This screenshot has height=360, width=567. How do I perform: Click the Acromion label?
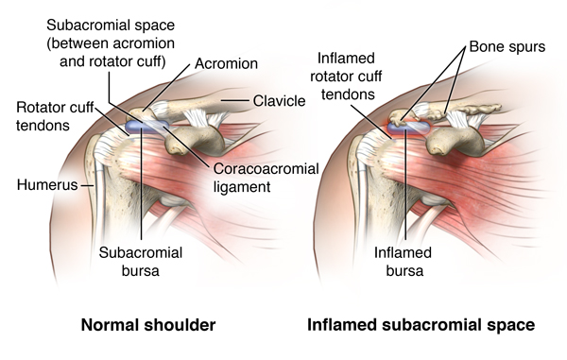click(226, 63)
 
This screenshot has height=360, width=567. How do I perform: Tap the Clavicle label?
click(279, 101)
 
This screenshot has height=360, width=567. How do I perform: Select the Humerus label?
click(47, 185)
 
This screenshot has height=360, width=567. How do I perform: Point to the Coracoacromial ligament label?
click(266, 178)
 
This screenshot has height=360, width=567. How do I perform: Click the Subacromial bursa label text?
click(141, 262)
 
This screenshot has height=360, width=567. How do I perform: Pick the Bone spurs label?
click(507, 47)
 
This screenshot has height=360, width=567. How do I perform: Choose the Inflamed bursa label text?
click(404, 262)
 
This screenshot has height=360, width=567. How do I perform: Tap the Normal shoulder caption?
click(148, 325)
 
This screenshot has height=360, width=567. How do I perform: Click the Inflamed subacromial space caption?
click(421, 325)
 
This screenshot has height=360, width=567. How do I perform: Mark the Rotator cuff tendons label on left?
click(55, 116)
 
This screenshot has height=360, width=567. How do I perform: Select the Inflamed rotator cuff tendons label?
click(346, 77)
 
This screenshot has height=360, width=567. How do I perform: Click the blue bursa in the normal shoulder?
click(146, 127)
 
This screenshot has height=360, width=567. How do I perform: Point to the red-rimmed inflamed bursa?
click(409, 128)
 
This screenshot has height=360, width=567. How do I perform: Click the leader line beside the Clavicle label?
click(235, 100)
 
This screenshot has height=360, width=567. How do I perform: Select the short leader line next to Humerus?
click(87, 185)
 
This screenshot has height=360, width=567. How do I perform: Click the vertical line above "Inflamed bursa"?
click(406, 185)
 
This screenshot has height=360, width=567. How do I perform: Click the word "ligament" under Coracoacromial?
click(242, 187)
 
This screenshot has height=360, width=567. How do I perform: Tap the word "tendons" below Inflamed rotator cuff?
click(348, 94)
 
